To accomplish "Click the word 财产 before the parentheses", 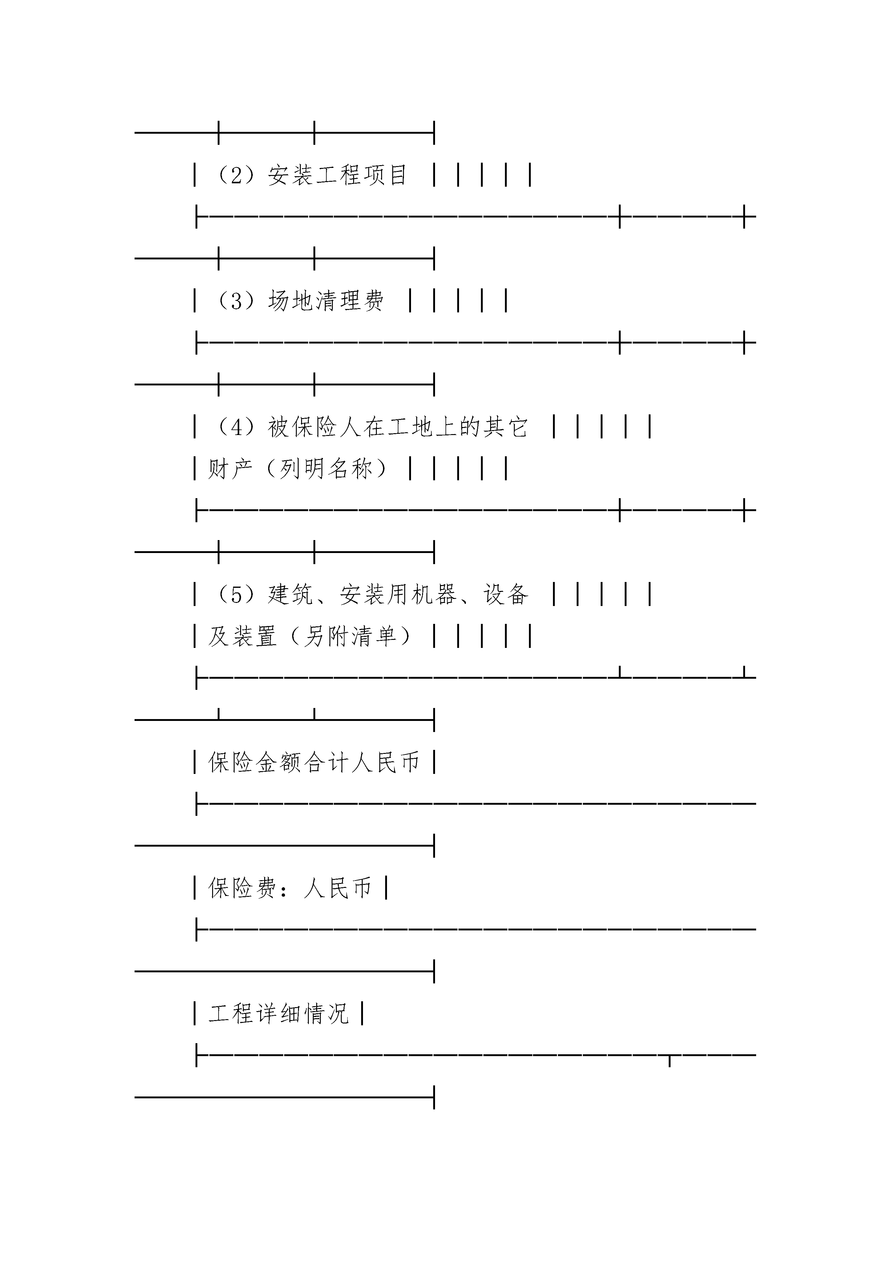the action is point(231,469).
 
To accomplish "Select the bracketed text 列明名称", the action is point(326,469).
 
